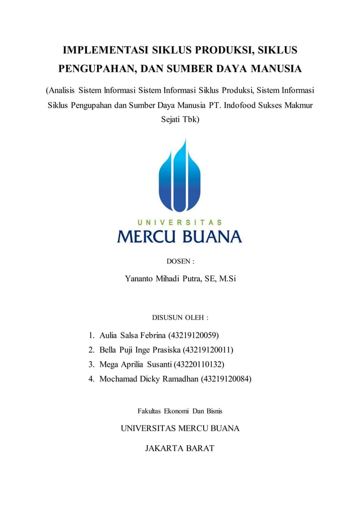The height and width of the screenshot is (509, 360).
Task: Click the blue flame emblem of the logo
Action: pyautogui.click(x=179, y=175)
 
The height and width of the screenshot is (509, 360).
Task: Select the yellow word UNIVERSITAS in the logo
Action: pyautogui.click(x=179, y=222)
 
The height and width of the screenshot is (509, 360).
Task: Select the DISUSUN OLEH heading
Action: pyautogui.click(x=180, y=318)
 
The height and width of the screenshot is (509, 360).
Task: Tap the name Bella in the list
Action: pyautogui.click(x=109, y=350)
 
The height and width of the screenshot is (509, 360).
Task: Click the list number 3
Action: pyautogui.click(x=91, y=365)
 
